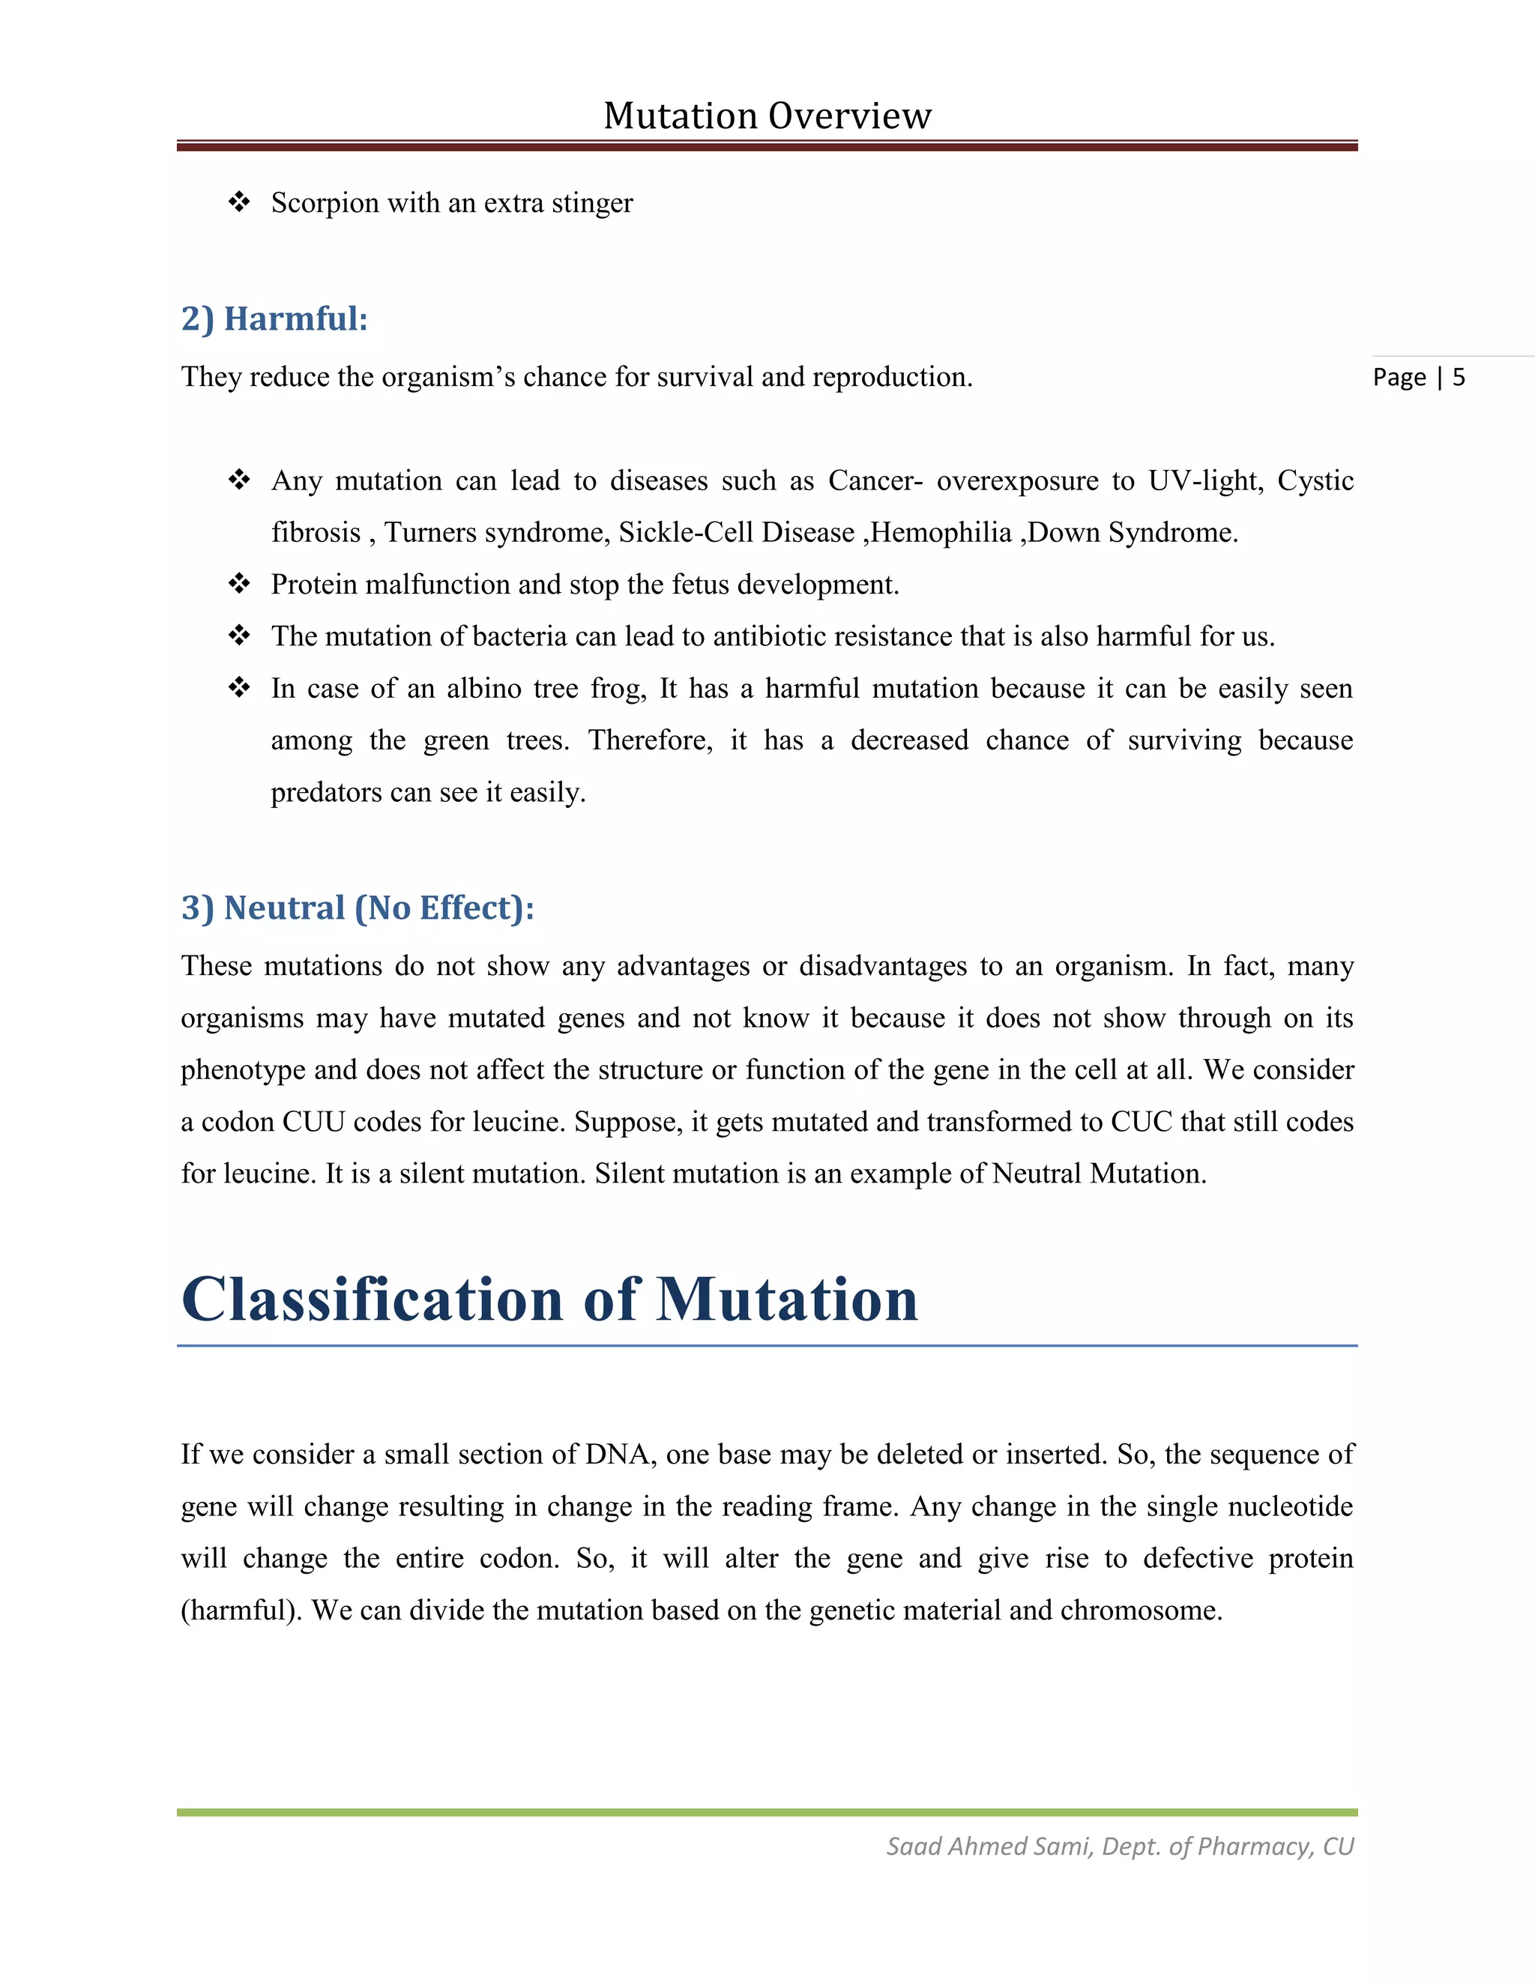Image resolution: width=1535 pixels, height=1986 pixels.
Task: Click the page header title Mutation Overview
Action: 767,115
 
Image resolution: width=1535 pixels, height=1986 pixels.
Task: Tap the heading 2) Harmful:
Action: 274,319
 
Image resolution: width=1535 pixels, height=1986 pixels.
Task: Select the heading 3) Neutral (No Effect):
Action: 358,908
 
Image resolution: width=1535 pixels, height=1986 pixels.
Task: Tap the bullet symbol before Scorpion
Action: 239,202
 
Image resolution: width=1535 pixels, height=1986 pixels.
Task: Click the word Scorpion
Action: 325,203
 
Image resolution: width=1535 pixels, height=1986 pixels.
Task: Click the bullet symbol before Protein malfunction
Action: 239,584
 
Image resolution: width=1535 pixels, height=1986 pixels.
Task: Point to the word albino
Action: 483,689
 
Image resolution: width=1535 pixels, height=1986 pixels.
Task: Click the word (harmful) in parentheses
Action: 241,1611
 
